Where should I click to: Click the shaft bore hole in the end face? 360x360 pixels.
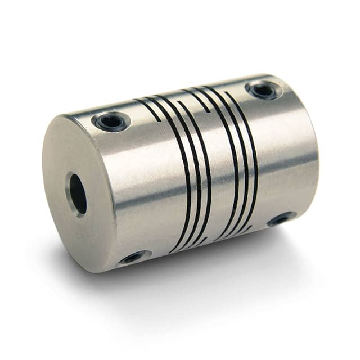tap(78, 193)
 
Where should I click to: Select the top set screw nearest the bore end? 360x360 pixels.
tap(111, 120)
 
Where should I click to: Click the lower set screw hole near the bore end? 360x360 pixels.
tap(134, 258)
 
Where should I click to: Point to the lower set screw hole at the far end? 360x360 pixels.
tap(281, 218)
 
